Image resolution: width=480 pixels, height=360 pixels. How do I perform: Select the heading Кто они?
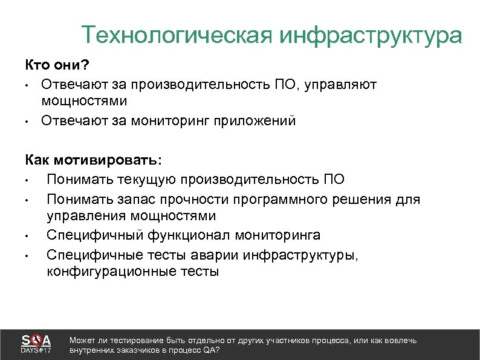pyautogui.click(x=56, y=65)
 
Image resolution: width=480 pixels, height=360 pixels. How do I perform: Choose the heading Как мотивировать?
pyautogui.click(x=93, y=160)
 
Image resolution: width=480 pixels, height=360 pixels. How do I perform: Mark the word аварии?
pyautogui.click(x=216, y=254)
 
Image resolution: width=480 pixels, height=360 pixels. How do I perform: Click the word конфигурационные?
pyautogui.click(x=111, y=272)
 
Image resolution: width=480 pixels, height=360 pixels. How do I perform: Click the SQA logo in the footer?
pyautogui.click(x=36, y=339)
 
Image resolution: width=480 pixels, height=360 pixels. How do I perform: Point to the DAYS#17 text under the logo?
pyautogui.click(x=36, y=350)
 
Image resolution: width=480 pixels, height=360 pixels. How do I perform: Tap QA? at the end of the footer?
pyautogui.click(x=212, y=350)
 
